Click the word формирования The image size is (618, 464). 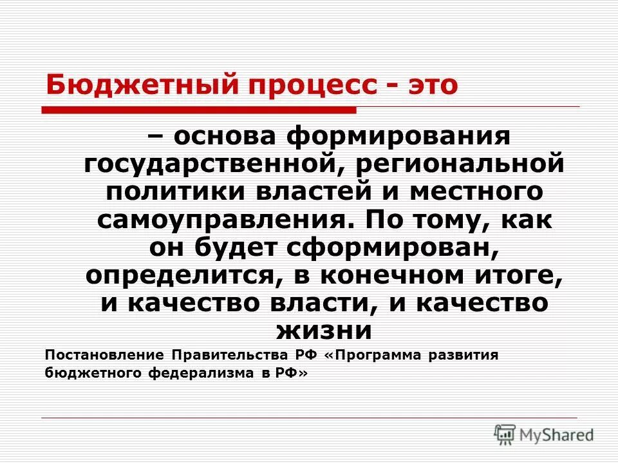[x=398, y=136]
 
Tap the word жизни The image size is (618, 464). [x=324, y=331]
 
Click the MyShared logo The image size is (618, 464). [x=544, y=434]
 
